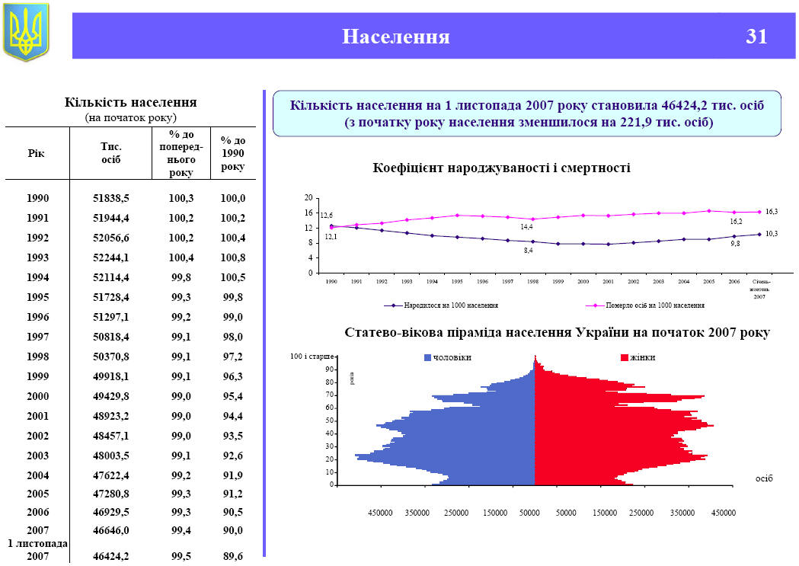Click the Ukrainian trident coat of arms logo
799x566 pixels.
(x=26, y=32)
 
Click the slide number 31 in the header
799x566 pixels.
(x=756, y=37)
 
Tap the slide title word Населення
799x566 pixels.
(x=395, y=37)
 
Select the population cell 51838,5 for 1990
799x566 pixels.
(x=111, y=198)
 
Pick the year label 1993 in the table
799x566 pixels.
(x=37, y=257)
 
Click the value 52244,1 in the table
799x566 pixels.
(x=111, y=257)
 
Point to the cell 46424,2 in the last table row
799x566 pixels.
(x=111, y=557)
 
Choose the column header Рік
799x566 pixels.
(x=37, y=153)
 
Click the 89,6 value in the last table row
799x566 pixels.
(x=230, y=557)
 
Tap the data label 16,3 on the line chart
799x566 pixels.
(x=771, y=211)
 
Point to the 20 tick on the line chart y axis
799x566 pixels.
(x=309, y=198)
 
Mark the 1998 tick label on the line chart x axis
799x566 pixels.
(x=532, y=282)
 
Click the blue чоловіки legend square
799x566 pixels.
(x=428, y=357)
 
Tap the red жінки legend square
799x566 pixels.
(x=625, y=357)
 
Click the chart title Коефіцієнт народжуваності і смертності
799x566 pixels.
(x=501, y=168)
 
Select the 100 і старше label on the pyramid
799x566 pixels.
(x=312, y=357)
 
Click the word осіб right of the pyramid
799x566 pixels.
(x=763, y=478)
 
